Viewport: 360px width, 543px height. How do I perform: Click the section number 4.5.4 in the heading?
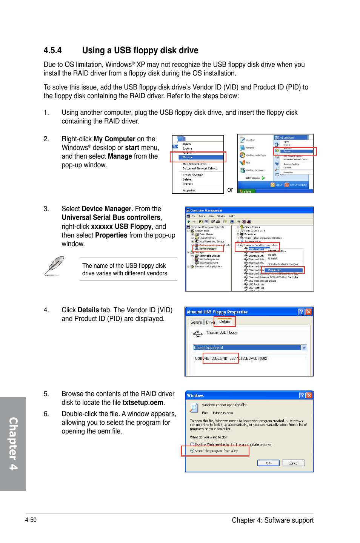52,51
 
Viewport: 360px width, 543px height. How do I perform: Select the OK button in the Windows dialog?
268,463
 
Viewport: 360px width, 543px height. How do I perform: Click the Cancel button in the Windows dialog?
293,463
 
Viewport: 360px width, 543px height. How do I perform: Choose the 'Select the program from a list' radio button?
192,451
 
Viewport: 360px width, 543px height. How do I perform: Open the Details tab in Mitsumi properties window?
225,322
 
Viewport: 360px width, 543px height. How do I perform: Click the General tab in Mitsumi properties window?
196,322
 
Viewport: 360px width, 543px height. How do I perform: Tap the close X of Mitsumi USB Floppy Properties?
309,312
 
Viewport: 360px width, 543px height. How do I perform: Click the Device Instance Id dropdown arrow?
304,348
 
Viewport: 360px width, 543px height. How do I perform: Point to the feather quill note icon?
54,266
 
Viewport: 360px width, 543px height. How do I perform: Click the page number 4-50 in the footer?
31,520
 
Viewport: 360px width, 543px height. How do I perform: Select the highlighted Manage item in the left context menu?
188,157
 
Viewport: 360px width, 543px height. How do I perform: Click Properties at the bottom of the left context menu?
189,191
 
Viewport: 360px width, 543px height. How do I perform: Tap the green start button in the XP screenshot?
246,191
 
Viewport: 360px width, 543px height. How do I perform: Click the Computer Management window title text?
206,211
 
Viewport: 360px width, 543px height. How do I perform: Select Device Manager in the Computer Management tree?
208,248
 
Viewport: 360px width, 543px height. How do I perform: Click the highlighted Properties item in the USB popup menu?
275,270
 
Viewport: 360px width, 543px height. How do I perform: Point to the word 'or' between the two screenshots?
230,190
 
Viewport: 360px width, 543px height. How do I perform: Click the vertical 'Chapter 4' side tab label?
13,444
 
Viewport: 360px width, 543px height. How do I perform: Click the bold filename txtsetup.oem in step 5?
143,403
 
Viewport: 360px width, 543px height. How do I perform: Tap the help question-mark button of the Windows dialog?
302,395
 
